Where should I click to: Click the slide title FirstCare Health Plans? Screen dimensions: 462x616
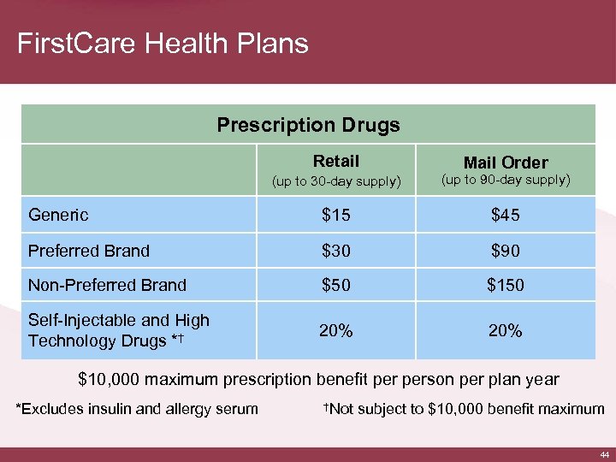click(163, 43)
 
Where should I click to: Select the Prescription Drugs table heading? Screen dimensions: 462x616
click(308, 125)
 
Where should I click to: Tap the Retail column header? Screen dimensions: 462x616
click(336, 161)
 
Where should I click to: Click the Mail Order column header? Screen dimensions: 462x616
click(506, 163)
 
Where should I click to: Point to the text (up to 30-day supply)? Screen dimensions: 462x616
click(336, 181)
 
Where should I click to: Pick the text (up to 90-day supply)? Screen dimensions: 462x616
click(506, 180)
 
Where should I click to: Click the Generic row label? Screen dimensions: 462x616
click(58, 215)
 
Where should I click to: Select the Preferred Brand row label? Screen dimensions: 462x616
click(89, 251)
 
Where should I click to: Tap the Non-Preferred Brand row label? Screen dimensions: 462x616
click(107, 286)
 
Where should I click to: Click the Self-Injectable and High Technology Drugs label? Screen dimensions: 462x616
click(118, 330)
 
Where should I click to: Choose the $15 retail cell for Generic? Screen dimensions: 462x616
click(336, 215)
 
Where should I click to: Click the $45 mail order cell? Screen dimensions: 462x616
click(505, 215)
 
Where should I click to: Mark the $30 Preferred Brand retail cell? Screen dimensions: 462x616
click(336, 251)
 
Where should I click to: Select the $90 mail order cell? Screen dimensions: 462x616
click(505, 251)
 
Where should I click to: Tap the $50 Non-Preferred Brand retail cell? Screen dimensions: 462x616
click(336, 286)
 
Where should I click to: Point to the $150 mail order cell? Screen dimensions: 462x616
click(505, 286)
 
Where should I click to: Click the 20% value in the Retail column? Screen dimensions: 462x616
click(336, 330)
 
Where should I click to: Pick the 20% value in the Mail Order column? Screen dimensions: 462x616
click(505, 330)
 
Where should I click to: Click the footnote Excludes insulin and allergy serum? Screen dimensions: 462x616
click(138, 409)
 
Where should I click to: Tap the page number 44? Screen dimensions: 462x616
click(603, 454)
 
